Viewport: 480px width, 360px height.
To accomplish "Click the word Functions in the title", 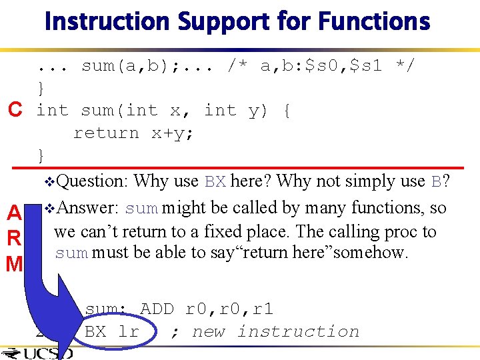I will click(374, 21).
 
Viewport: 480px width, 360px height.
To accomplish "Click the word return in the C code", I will click(106, 133).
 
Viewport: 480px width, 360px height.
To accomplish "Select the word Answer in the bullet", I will click(89, 208).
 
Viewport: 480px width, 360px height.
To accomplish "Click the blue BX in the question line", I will click(215, 181).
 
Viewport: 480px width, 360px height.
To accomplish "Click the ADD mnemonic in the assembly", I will click(157, 309).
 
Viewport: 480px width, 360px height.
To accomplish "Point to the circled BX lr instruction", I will click(111, 331).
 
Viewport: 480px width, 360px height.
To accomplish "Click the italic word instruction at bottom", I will click(298, 331).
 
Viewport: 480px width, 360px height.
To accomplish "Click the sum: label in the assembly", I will click(107, 309).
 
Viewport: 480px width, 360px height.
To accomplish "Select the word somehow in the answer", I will click(370, 253).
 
